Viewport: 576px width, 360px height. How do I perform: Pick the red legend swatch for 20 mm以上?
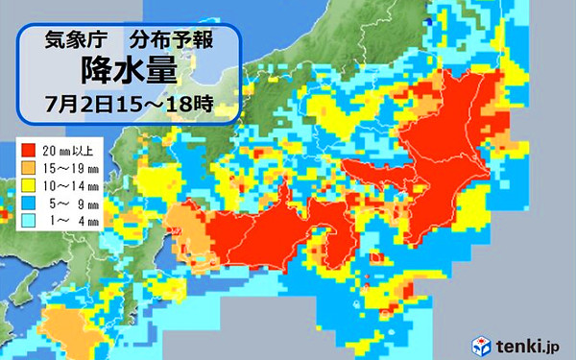pyautogui.click(x=29, y=150)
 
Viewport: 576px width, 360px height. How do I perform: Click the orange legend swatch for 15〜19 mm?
pyautogui.click(x=29, y=167)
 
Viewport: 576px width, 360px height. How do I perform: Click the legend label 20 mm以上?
pyautogui.click(x=69, y=150)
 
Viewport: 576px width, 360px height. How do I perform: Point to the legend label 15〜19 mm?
pyautogui.click(x=69, y=167)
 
